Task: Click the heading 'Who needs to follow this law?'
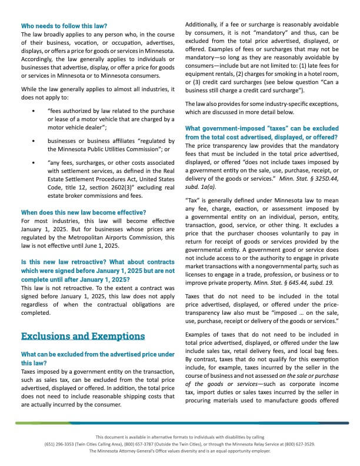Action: click(x=64, y=26)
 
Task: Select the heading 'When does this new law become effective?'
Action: click(x=83, y=212)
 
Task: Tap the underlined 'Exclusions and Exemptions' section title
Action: click(x=83, y=336)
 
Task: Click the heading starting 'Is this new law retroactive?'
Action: click(x=98, y=265)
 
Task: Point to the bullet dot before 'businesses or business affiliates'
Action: click(x=34, y=141)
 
